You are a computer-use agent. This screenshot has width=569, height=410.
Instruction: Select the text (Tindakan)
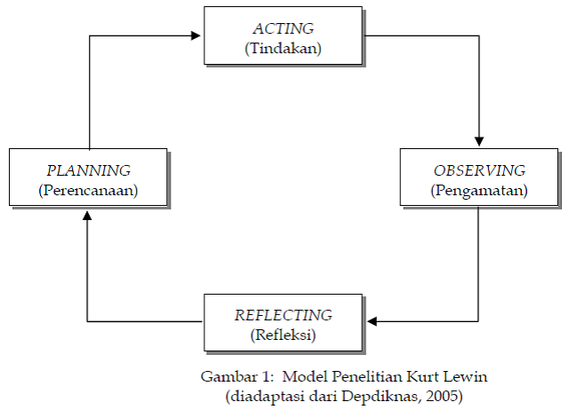click(x=283, y=48)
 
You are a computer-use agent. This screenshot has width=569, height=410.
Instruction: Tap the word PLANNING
click(x=88, y=170)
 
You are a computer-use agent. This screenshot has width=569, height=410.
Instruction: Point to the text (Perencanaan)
click(x=88, y=190)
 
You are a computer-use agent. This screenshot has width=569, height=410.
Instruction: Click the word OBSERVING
click(x=479, y=170)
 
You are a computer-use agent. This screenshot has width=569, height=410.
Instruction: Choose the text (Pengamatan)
click(x=479, y=190)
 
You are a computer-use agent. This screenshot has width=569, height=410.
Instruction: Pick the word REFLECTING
click(x=283, y=315)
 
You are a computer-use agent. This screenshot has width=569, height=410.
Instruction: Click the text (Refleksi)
click(x=283, y=335)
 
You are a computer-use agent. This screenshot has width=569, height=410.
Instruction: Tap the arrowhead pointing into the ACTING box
click(x=197, y=36)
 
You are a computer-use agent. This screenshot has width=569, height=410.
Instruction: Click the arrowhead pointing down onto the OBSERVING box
click(x=479, y=142)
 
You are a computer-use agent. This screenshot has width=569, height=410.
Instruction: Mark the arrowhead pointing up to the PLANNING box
click(x=87, y=215)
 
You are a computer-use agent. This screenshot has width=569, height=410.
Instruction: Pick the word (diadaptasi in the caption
click(x=262, y=395)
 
